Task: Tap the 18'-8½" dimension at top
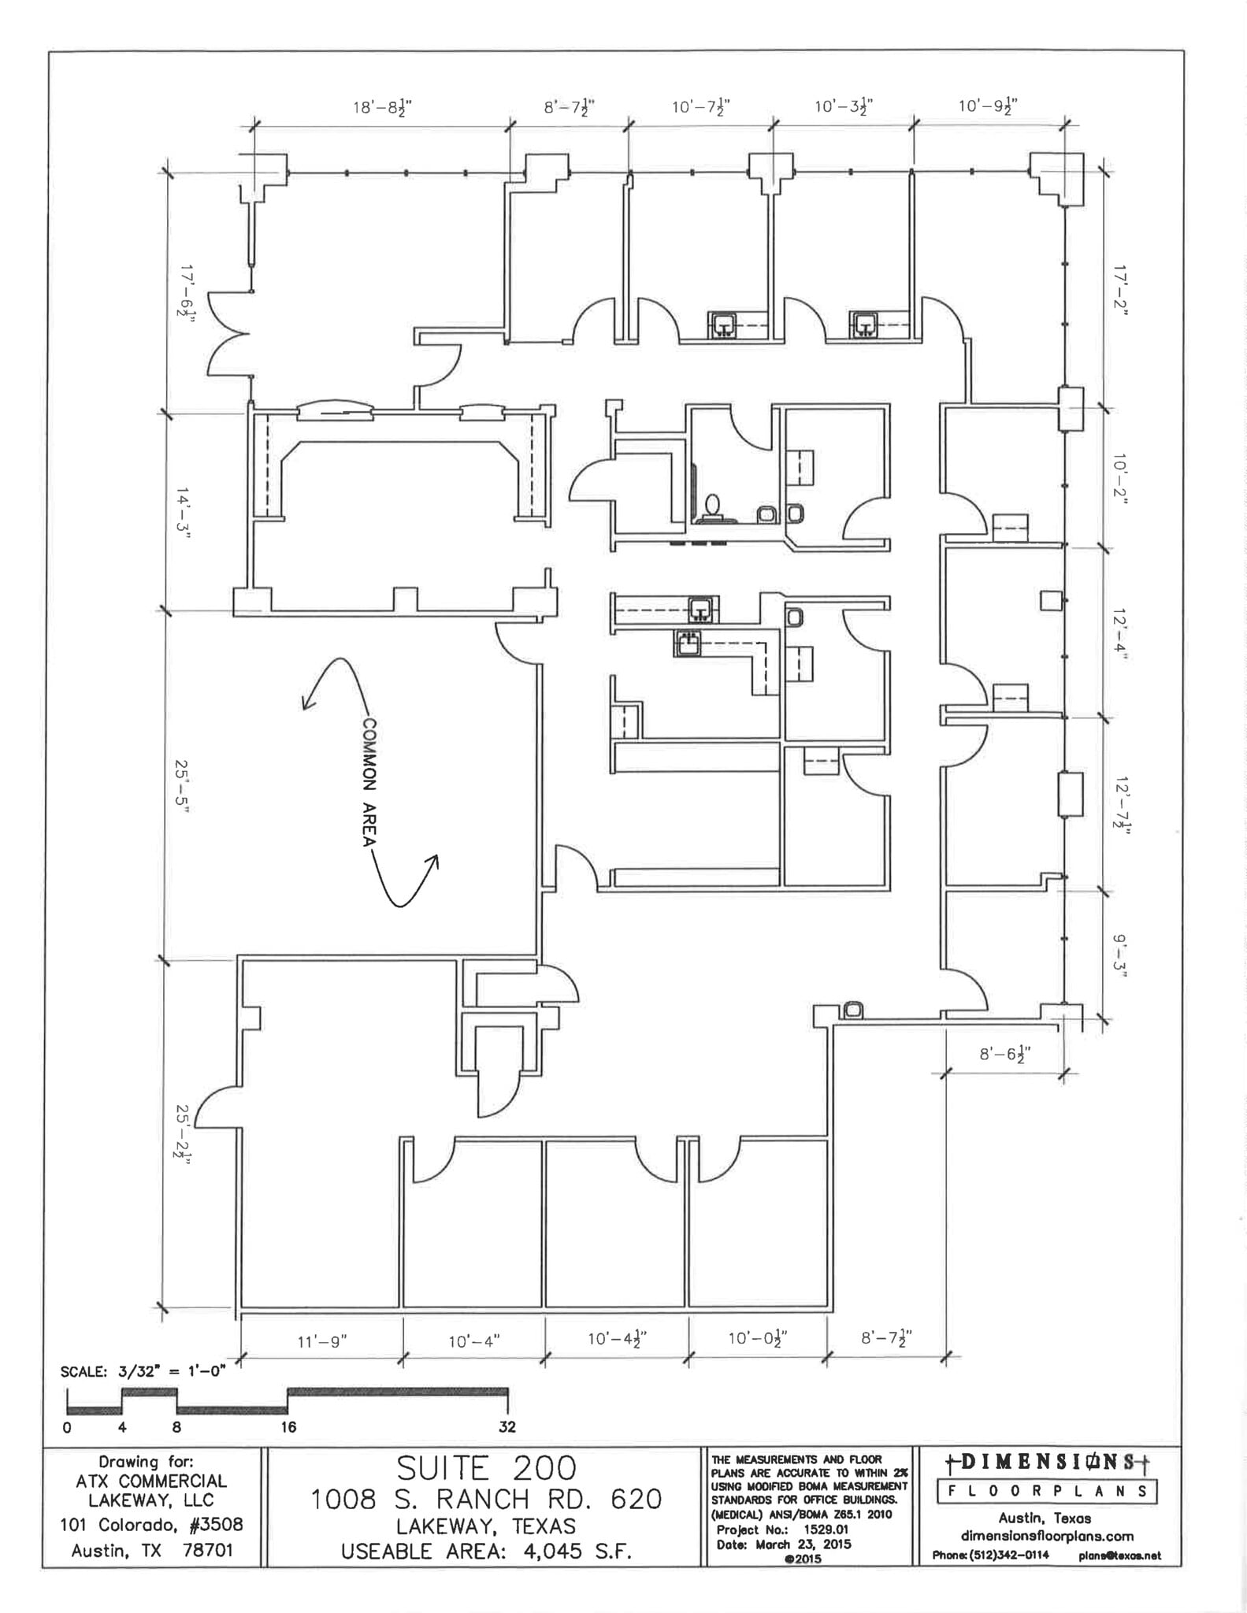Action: click(x=382, y=107)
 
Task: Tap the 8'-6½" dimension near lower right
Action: click(x=1005, y=1053)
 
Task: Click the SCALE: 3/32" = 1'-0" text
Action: click(x=143, y=1371)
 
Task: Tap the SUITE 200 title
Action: click(x=486, y=1468)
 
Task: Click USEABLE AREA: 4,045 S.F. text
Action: click(x=486, y=1552)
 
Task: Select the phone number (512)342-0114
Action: click(x=990, y=1556)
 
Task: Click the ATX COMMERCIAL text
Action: click(x=151, y=1481)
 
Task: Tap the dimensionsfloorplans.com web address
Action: click(x=1047, y=1536)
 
